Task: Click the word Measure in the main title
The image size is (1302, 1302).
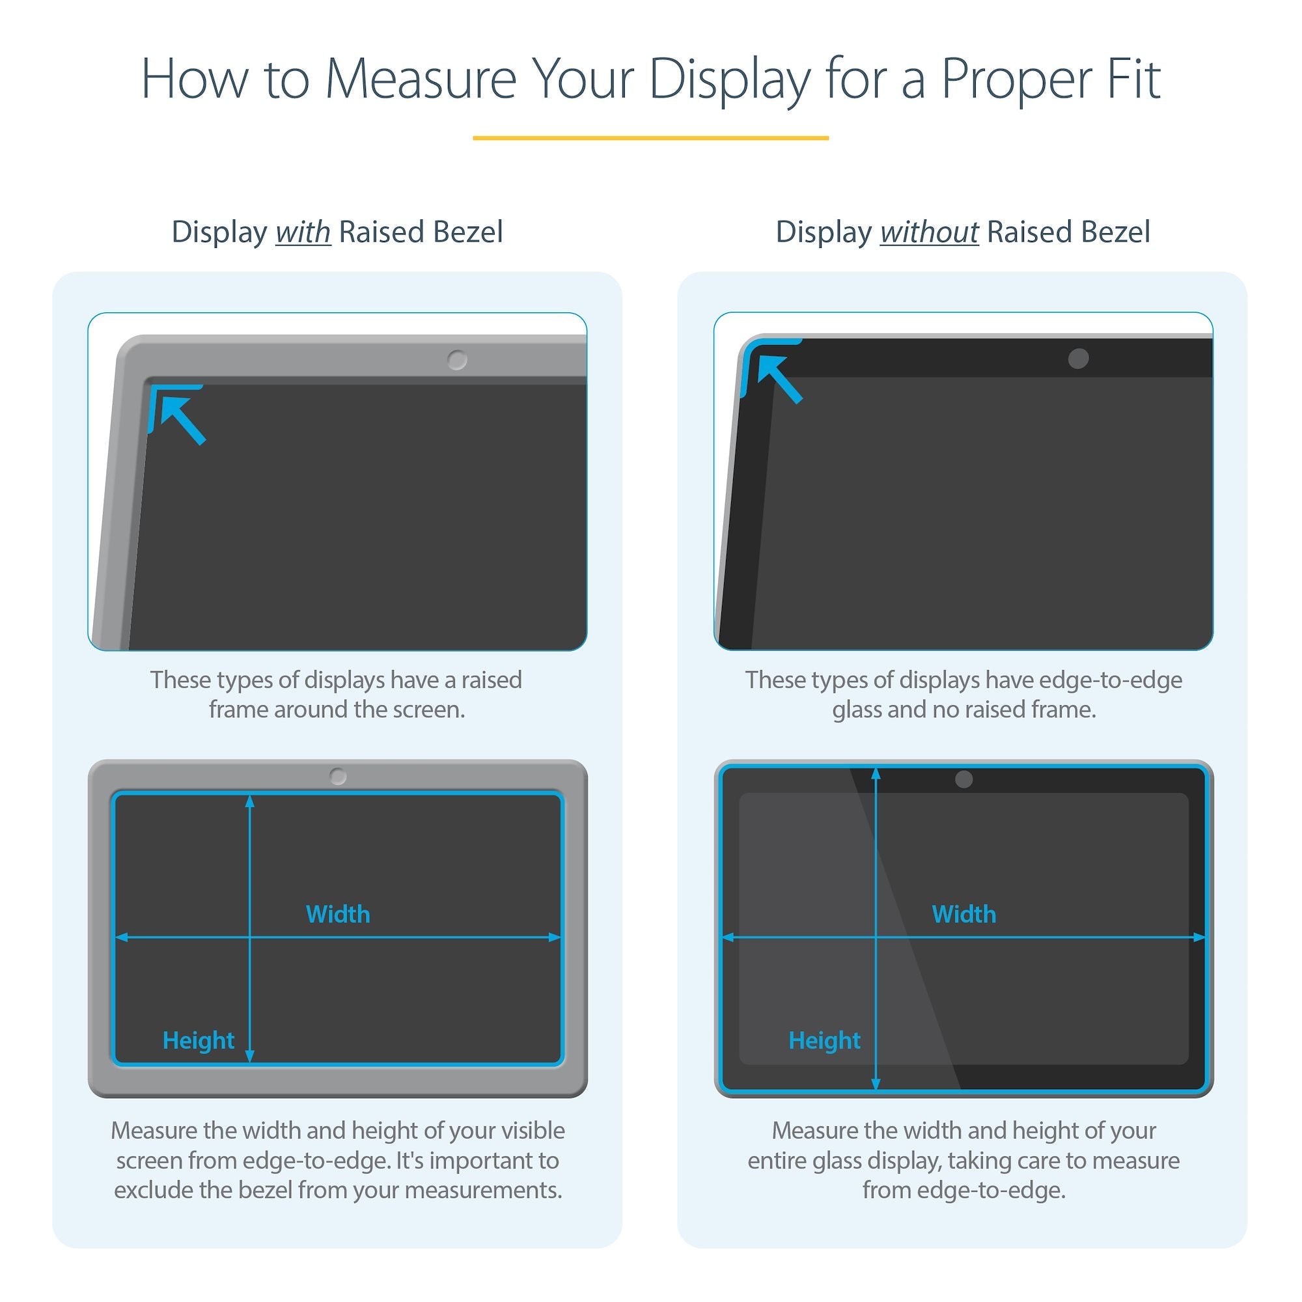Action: pyautogui.click(x=421, y=79)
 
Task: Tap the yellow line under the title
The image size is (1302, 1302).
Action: pyautogui.click(x=650, y=137)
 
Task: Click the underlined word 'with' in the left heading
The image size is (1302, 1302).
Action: pyautogui.click(x=303, y=232)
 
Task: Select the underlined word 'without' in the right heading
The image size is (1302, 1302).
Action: pyautogui.click(x=929, y=232)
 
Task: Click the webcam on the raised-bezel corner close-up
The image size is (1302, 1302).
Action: pyautogui.click(x=457, y=360)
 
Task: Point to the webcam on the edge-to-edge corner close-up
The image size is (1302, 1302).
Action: pyautogui.click(x=1078, y=359)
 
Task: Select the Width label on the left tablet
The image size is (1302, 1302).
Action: pyautogui.click(x=338, y=915)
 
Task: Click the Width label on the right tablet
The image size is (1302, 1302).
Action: pyautogui.click(x=963, y=915)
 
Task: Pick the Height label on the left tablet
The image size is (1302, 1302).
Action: pyautogui.click(x=198, y=1040)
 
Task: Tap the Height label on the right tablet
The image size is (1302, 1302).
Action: pyautogui.click(x=824, y=1040)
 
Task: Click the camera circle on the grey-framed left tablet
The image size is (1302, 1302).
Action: pyautogui.click(x=338, y=777)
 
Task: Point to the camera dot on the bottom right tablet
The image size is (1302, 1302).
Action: pyautogui.click(x=963, y=779)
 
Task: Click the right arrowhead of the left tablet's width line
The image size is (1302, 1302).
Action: pyautogui.click(x=555, y=937)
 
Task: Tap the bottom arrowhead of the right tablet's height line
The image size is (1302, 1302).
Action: pyautogui.click(x=876, y=1084)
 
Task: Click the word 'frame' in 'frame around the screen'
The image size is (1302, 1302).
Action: pyautogui.click(x=238, y=710)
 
